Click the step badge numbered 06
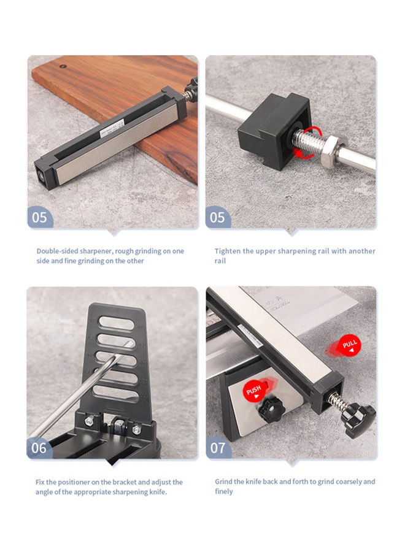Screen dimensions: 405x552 [x=39, y=448]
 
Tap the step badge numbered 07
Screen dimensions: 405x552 [x=218, y=448]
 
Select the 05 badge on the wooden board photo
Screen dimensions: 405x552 [x=39, y=217]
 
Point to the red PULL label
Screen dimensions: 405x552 [x=349, y=345]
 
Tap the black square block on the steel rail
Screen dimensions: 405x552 [x=274, y=131]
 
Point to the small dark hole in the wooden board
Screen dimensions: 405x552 [x=63, y=66]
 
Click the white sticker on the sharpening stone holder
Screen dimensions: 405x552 [x=112, y=128]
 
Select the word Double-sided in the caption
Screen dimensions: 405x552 [x=58, y=251]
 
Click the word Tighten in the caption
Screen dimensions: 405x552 [x=228, y=251]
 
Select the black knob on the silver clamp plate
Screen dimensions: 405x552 [x=271, y=410]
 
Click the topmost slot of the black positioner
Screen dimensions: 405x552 [x=116, y=323]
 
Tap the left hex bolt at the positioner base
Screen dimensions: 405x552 [x=90, y=420]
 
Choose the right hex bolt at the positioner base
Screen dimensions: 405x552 [x=137, y=429]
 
